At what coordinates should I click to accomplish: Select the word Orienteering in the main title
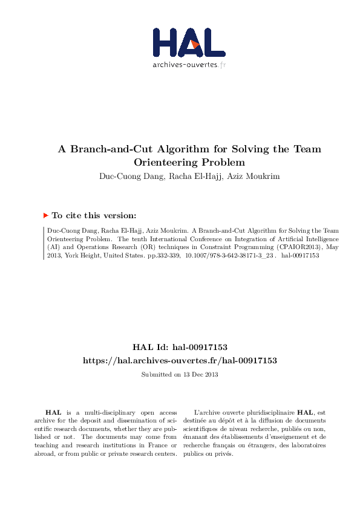165,162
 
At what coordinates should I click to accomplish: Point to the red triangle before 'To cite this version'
46,215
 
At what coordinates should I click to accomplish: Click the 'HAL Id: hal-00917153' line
180,347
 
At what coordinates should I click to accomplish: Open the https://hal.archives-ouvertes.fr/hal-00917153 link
180,360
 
